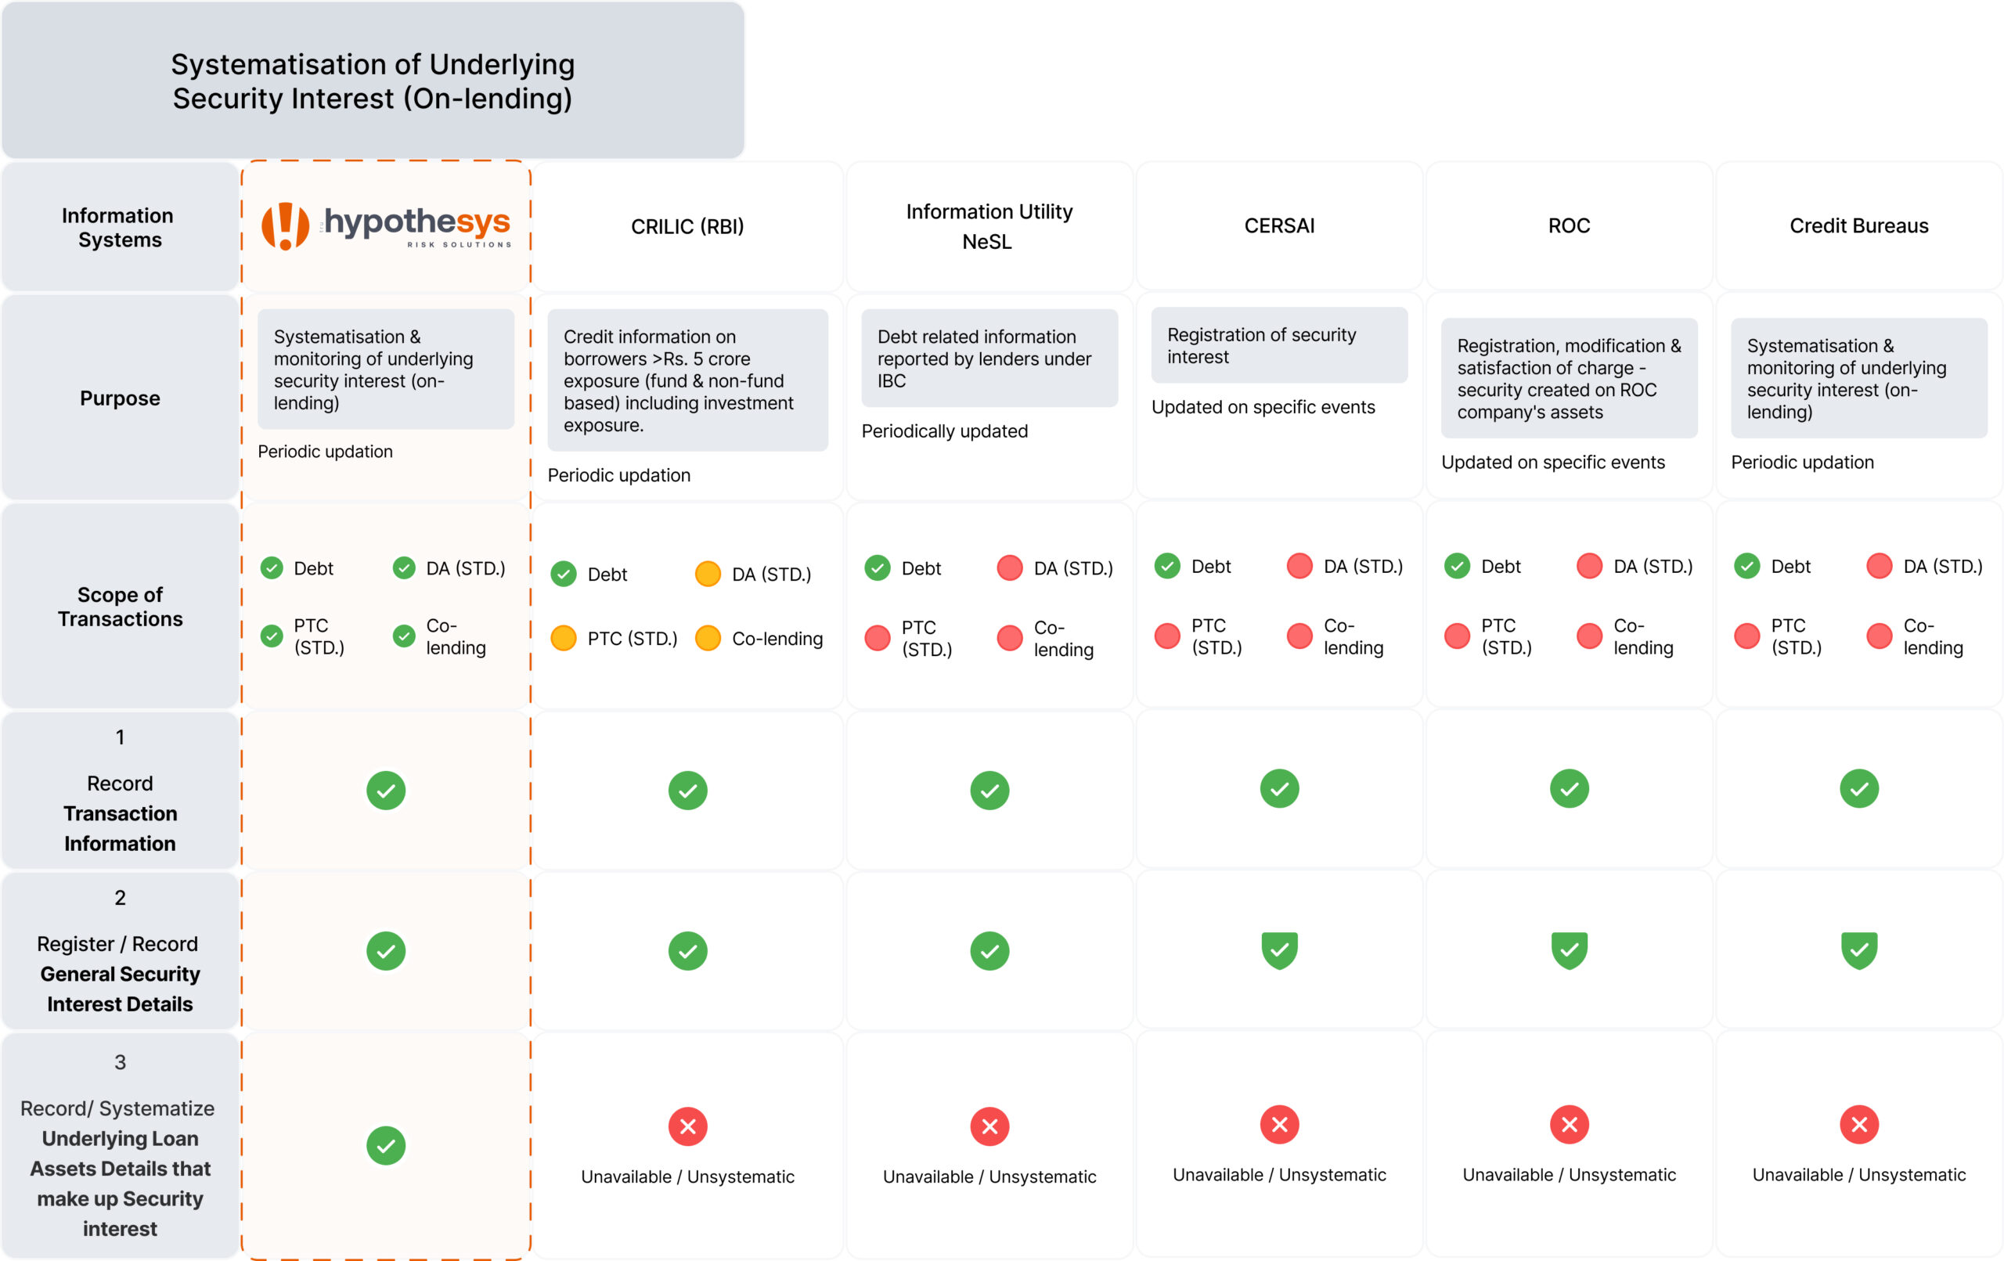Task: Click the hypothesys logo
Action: point(386,225)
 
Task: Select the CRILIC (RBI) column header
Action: point(687,226)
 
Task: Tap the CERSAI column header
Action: point(1279,225)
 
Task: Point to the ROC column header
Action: point(1569,225)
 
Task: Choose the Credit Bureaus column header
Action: point(1858,225)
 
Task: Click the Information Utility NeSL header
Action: point(989,226)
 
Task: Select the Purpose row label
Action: point(120,398)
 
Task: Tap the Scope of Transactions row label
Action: point(120,607)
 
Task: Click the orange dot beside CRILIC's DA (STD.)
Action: point(708,574)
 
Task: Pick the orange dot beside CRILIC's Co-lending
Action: point(708,639)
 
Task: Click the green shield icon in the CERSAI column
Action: point(1279,949)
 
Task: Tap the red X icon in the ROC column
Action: point(1569,1125)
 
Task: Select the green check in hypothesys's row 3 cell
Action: point(386,1145)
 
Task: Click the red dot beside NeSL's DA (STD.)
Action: point(1010,567)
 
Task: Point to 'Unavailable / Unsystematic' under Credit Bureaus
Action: point(1858,1174)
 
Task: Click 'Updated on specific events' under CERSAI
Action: point(1263,407)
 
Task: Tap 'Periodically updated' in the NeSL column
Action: point(945,431)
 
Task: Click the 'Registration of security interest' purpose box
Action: point(1279,345)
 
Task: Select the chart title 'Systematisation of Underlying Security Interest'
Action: point(372,81)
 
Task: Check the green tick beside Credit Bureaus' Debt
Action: point(1746,566)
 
